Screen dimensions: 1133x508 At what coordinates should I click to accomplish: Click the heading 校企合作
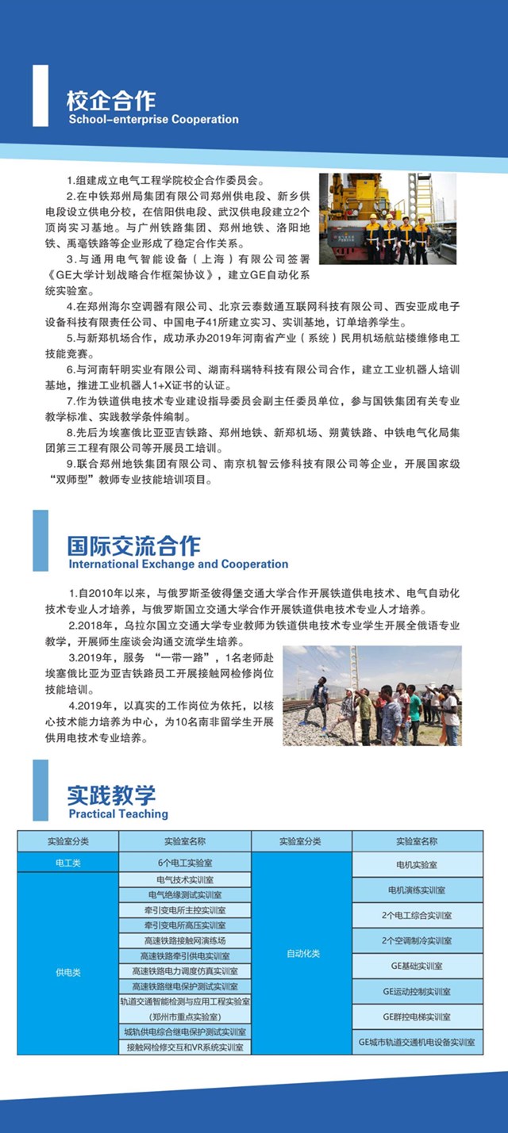click(x=112, y=100)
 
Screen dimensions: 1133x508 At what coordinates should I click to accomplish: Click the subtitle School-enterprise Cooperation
click(x=153, y=120)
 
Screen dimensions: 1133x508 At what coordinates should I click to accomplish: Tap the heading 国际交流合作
click(x=134, y=545)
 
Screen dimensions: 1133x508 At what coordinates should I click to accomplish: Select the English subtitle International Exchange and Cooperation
click(x=178, y=565)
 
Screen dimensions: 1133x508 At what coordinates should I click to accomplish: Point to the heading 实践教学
click(x=112, y=795)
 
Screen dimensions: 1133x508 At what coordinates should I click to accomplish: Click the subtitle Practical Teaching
click(x=118, y=813)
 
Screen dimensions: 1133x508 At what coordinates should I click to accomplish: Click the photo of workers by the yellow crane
click(x=387, y=218)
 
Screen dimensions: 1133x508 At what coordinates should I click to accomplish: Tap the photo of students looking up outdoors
click(x=371, y=695)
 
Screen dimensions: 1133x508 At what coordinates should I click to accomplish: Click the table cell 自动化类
click(x=302, y=953)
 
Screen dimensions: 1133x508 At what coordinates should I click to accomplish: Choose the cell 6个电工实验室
click(x=185, y=863)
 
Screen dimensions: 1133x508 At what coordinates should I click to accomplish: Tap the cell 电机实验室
click(x=417, y=864)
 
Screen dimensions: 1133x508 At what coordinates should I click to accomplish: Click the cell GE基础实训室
click(x=417, y=966)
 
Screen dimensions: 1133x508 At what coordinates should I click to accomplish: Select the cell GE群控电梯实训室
click(x=417, y=1016)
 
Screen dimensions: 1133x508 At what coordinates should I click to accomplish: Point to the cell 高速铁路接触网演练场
click(x=185, y=940)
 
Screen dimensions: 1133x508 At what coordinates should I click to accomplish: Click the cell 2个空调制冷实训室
click(x=417, y=940)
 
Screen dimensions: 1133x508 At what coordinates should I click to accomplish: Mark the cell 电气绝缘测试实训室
click(x=185, y=895)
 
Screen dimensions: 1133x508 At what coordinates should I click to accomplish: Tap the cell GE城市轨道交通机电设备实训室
click(x=417, y=1042)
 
